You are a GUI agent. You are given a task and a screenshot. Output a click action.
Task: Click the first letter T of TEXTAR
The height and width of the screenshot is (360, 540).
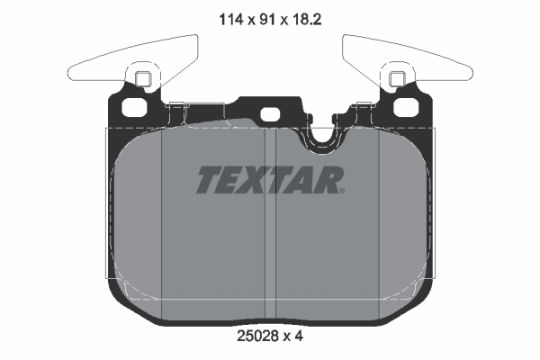[x=209, y=181]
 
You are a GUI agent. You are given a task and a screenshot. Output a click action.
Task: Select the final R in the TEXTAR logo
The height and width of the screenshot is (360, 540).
[x=327, y=181]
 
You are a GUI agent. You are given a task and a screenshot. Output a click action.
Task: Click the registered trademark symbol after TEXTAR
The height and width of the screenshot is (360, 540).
[x=341, y=190]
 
